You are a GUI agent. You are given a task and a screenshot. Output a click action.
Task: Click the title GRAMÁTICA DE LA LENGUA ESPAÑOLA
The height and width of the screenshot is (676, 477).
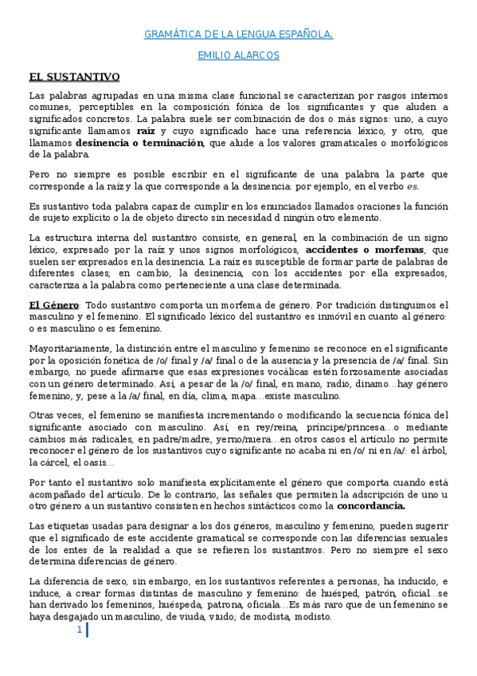tap(238, 35)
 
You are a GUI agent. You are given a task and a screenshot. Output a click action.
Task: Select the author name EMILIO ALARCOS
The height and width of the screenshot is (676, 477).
tap(238, 56)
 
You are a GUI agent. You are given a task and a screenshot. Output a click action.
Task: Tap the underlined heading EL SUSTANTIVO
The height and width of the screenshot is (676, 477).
tap(74, 77)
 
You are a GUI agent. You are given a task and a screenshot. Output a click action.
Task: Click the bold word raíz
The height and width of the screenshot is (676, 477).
tap(146, 130)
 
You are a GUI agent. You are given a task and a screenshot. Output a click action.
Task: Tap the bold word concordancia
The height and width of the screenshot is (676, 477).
tap(372, 505)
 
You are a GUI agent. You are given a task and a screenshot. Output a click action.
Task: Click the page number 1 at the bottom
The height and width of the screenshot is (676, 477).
tap(80, 631)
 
